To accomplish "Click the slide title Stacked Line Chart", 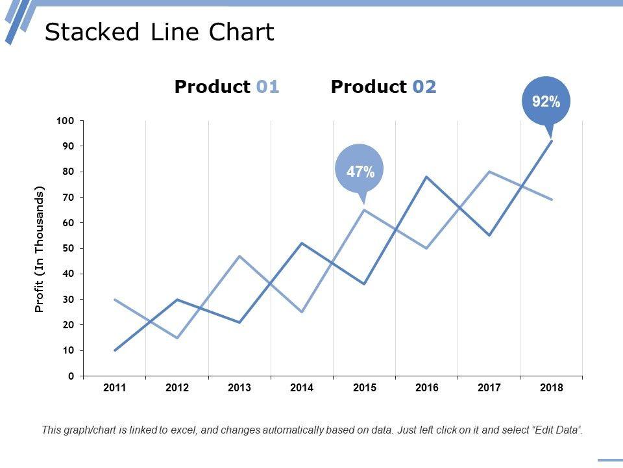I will [159, 32].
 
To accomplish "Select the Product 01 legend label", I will [227, 87].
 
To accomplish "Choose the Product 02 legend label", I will [384, 87].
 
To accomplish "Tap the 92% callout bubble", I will [546, 101].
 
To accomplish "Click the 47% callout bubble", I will [360, 172].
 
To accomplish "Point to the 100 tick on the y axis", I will [66, 121].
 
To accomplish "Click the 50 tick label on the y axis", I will [68, 248].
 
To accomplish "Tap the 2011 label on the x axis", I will [115, 388].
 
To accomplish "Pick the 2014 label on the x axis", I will [302, 388].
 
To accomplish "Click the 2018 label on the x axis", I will [552, 388].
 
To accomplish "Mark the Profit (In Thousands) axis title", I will [40, 250].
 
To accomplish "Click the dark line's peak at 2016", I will [426, 177].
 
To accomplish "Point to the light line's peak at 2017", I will [489, 172].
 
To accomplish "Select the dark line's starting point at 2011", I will [115, 350].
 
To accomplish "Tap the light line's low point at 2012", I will [177, 338].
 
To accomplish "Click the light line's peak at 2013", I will [239, 256].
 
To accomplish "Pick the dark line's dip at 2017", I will [489, 235].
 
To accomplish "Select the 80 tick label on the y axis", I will [68, 172].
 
